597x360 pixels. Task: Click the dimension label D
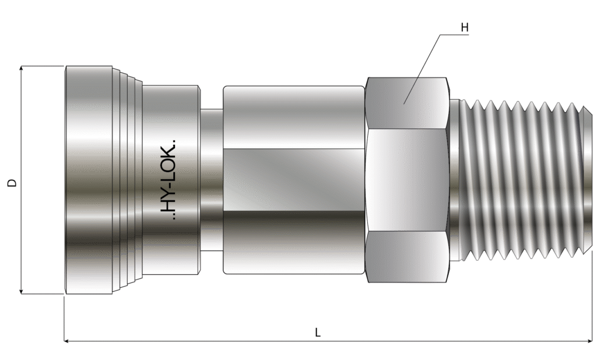(13, 183)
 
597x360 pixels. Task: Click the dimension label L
(318, 332)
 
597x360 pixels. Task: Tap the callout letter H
(465, 27)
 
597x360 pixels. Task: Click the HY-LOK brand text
(168, 180)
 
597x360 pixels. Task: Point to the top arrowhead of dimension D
(22, 69)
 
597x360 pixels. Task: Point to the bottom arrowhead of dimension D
(22, 291)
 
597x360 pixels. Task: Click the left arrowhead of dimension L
(67, 341)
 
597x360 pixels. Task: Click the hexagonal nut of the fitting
(406, 180)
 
